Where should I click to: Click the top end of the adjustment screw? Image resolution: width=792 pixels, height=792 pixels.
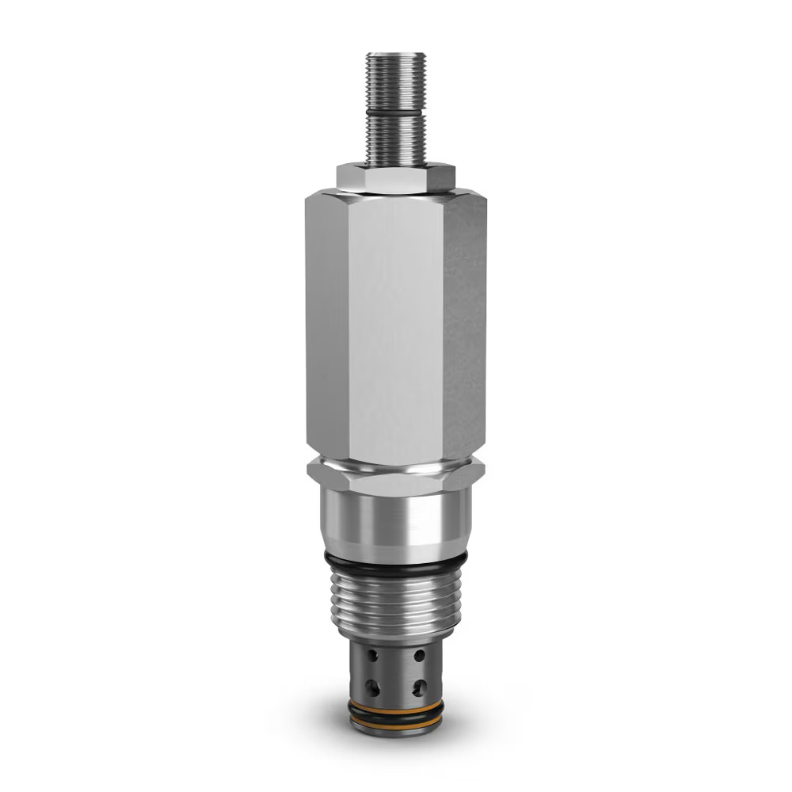pos(395,55)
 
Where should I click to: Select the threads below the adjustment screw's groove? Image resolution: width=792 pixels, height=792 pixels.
pos(395,143)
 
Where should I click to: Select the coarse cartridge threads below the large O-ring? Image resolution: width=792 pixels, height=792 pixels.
pos(395,602)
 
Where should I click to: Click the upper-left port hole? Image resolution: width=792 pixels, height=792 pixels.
pos(373,656)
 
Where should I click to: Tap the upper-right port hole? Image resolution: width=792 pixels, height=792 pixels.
pos(419,656)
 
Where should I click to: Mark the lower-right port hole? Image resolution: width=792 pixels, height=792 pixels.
pos(419,687)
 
